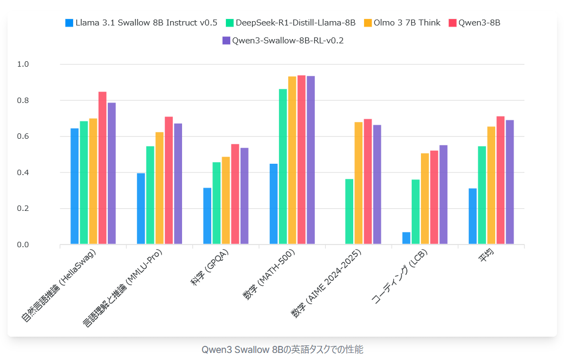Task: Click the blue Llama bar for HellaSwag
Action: pyautogui.click(x=75, y=187)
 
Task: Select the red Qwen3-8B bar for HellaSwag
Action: pyautogui.click(x=102, y=168)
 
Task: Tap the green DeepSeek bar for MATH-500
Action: pyautogui.click(x=283, y=166)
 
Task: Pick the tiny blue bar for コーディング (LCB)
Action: pyautogui.click(x=406, y=239)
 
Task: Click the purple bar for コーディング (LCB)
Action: pyautogui.click(x=443, y=195)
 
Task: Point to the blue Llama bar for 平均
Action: pyautogui.click(x=472, y=216)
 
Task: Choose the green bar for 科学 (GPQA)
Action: pyautogui.click(x=216, y=203)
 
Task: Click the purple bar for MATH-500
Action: pyautogui.click(x=310, y=160)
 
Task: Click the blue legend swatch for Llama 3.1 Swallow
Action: pyautogui.click(x=69, y=23)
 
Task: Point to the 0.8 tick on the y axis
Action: pyautogui.click(x=23, y=101)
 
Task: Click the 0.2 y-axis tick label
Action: pyautogui.click(x=23, y=209)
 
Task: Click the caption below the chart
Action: pyautogui.click(x=282, y=349)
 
